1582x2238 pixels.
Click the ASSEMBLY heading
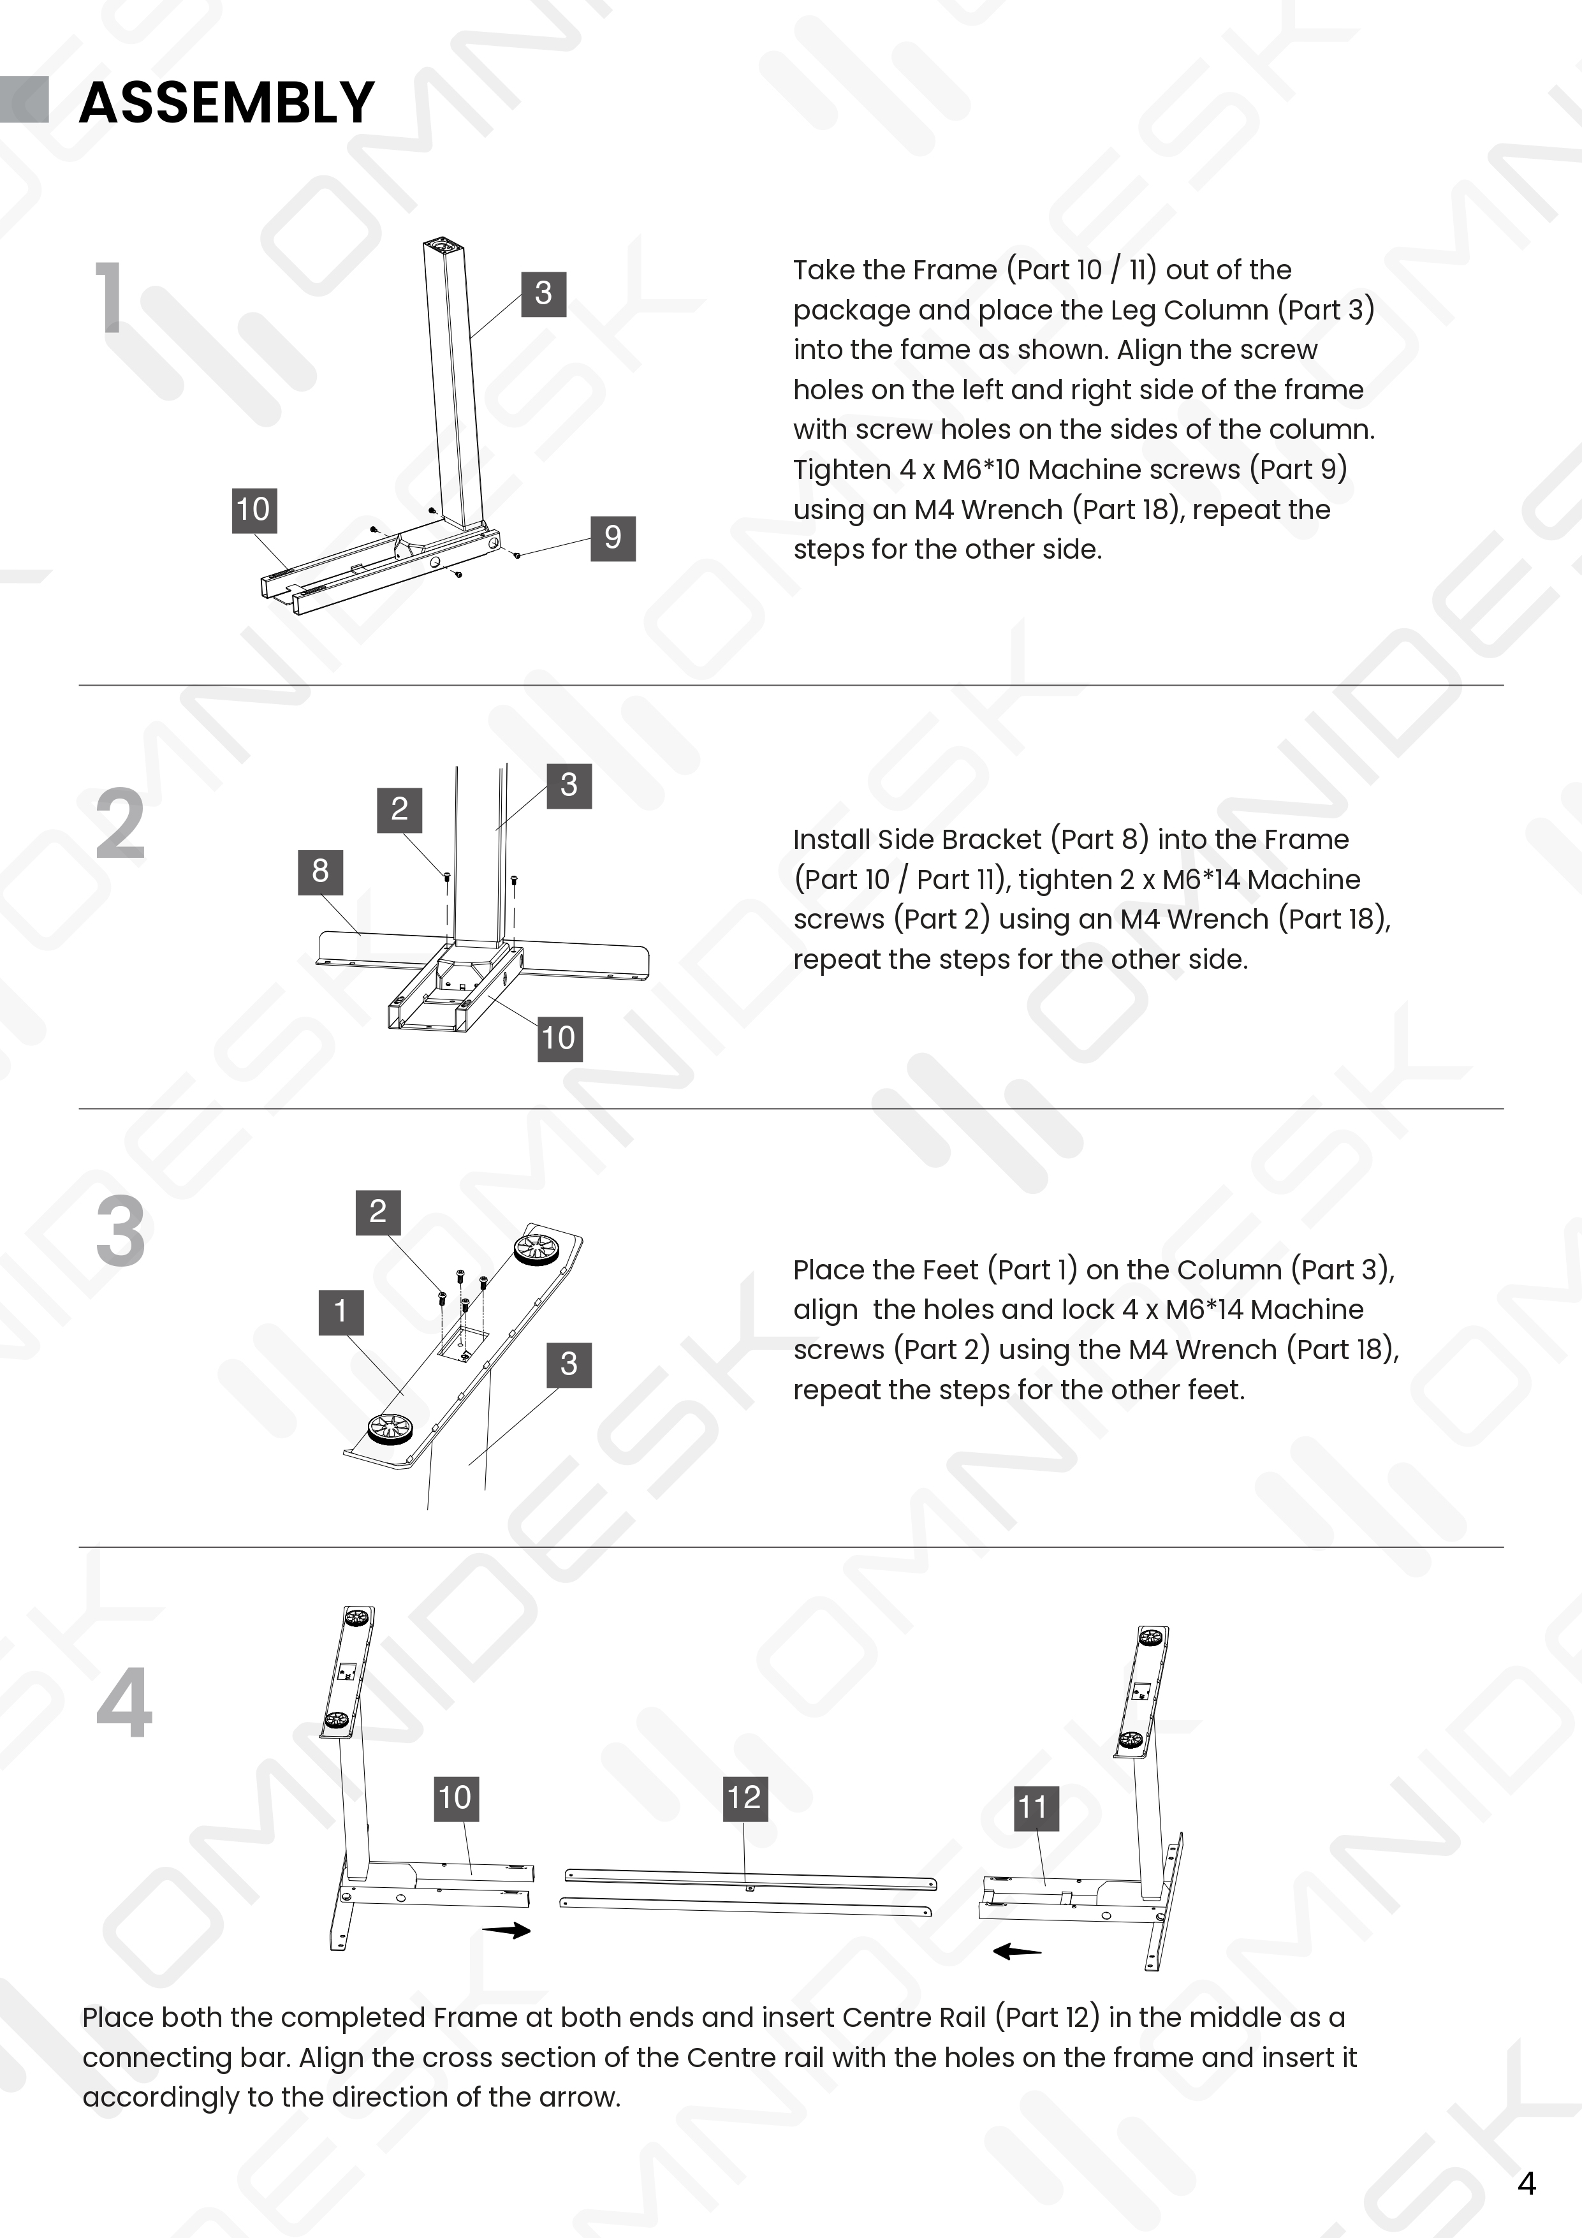tap(226, 101)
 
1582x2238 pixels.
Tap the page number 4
tap(1527, 2183)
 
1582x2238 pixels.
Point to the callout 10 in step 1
tap(253, 510)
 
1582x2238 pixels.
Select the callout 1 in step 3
tap(340, 1311)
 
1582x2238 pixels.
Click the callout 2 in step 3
tap(377, 1212)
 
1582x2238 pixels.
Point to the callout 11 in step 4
tap(1033, 1808)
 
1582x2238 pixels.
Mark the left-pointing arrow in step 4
tap(1016, 1952)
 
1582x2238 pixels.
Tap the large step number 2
tap(120, 825)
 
